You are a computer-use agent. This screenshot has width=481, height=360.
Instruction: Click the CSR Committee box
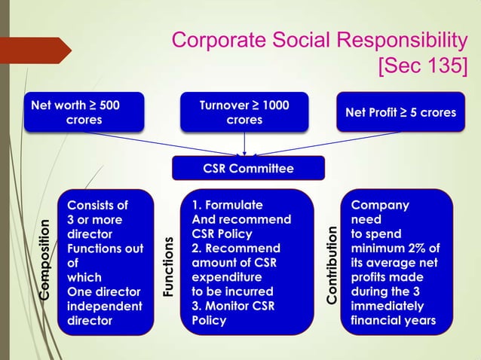248,168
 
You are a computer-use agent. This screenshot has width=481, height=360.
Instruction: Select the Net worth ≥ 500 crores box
84,112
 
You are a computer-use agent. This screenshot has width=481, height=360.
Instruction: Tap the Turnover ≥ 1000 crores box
244,112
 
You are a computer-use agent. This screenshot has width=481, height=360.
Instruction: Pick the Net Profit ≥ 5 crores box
400,112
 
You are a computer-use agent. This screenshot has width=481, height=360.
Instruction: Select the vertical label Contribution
332,264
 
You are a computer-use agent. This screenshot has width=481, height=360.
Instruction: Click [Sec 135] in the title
422,66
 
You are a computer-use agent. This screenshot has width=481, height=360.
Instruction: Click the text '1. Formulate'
228,206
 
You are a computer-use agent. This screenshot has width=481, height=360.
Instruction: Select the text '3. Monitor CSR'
233,307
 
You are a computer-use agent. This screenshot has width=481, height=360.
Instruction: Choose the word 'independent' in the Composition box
104,307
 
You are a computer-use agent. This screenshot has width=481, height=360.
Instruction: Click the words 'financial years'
393,321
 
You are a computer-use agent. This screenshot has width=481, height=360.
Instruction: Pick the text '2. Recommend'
235,249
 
